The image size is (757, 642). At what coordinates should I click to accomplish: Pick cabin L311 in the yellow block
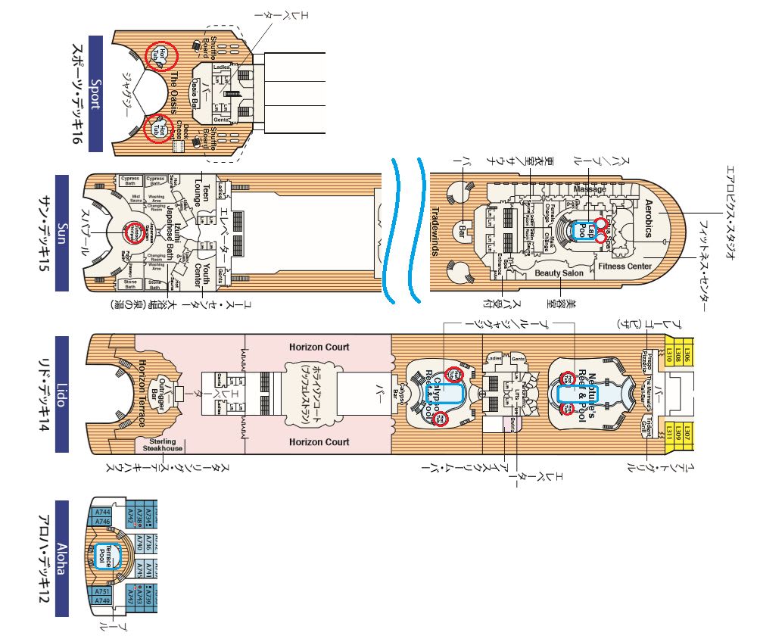coord(669,433)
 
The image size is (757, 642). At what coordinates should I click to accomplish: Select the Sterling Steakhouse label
coord(160,444)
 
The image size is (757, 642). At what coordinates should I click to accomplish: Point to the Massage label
coord(590,189)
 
